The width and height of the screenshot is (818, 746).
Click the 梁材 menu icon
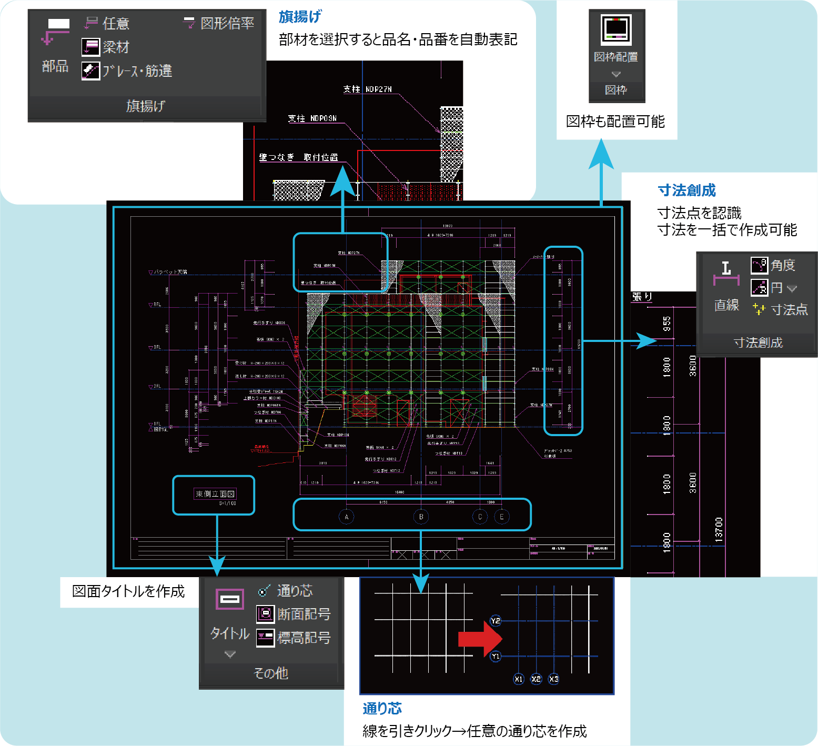(x=91, y=47)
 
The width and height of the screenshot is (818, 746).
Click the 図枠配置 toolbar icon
(x=616, y=29)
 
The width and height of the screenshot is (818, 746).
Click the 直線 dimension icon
(x=726, y=274)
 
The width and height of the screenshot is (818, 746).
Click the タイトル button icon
(x=230, y=599)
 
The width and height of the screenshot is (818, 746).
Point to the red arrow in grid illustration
(x=480, y=639)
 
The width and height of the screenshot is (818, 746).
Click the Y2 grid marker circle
(x=496, y=621)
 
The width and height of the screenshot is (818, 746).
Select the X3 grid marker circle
(x=553, y=679)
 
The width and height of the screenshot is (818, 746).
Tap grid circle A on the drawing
(x=346, y=517)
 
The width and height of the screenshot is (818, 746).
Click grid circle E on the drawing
(x=501, y=517)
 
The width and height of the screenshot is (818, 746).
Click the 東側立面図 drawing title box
(x=215, y=494)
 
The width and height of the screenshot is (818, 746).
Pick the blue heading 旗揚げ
(x=300, y=17)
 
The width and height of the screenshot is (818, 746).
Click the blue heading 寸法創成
(x=686, y=190)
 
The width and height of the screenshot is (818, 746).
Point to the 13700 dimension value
(x=719, y=530)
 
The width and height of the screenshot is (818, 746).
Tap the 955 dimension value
(x=666, y=324)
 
